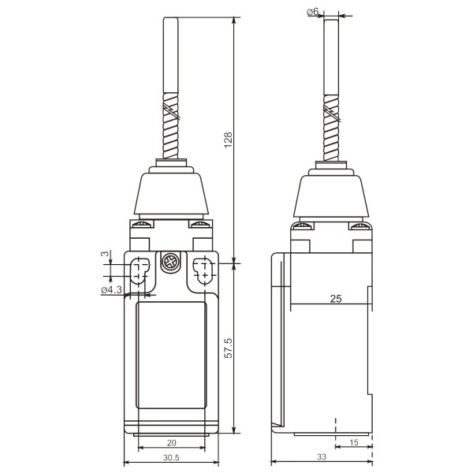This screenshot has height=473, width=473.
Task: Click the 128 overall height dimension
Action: click(228, 140)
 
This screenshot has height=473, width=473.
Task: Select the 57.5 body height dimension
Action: click(228, 348)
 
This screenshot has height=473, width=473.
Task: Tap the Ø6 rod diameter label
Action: click(314, 13)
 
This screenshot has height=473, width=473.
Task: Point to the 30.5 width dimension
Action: click(171, 456)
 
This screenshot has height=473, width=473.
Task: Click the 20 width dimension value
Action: click(172, 443)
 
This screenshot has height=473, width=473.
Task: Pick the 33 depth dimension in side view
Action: click(321, 456)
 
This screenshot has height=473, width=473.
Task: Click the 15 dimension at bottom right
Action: click(353, 443)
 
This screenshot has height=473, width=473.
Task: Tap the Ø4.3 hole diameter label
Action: click(111, 290)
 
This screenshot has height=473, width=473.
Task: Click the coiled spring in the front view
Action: click(172, 130)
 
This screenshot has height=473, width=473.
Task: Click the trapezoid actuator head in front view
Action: click(172, 193)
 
